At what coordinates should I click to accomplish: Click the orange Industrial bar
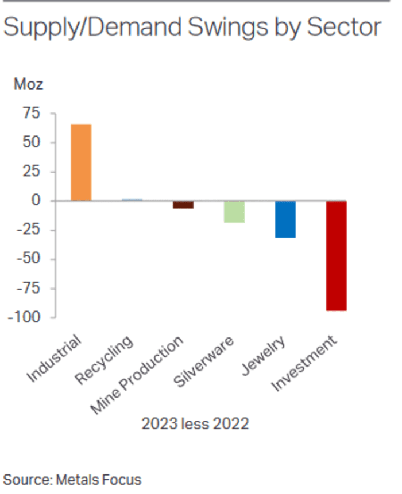pyautogui.click(x=81, y=162)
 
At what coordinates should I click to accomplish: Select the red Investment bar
pyautogui.click(x=337, y=256)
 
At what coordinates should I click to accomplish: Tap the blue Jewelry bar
pyautogui.click(x=285, y=219)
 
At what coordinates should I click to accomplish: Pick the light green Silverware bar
pyautogui.click(x=234, y=212)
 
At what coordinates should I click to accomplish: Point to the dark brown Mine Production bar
pyautogui.click(x=183, y=205)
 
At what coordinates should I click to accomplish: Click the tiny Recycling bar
pyautogui.click(x=132, y=200)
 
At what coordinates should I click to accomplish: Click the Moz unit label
pyautogui.click(x=28, y=84)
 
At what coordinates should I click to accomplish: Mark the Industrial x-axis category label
pyautogui.click(x=55, y=360)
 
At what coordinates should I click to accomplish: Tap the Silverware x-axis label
pyautogui.click(x=204, y=363)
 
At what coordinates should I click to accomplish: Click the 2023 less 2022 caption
pyautogui.click(x=195, y=424)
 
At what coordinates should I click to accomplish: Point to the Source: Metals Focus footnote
pyautogui.click(x=72, y=479)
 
